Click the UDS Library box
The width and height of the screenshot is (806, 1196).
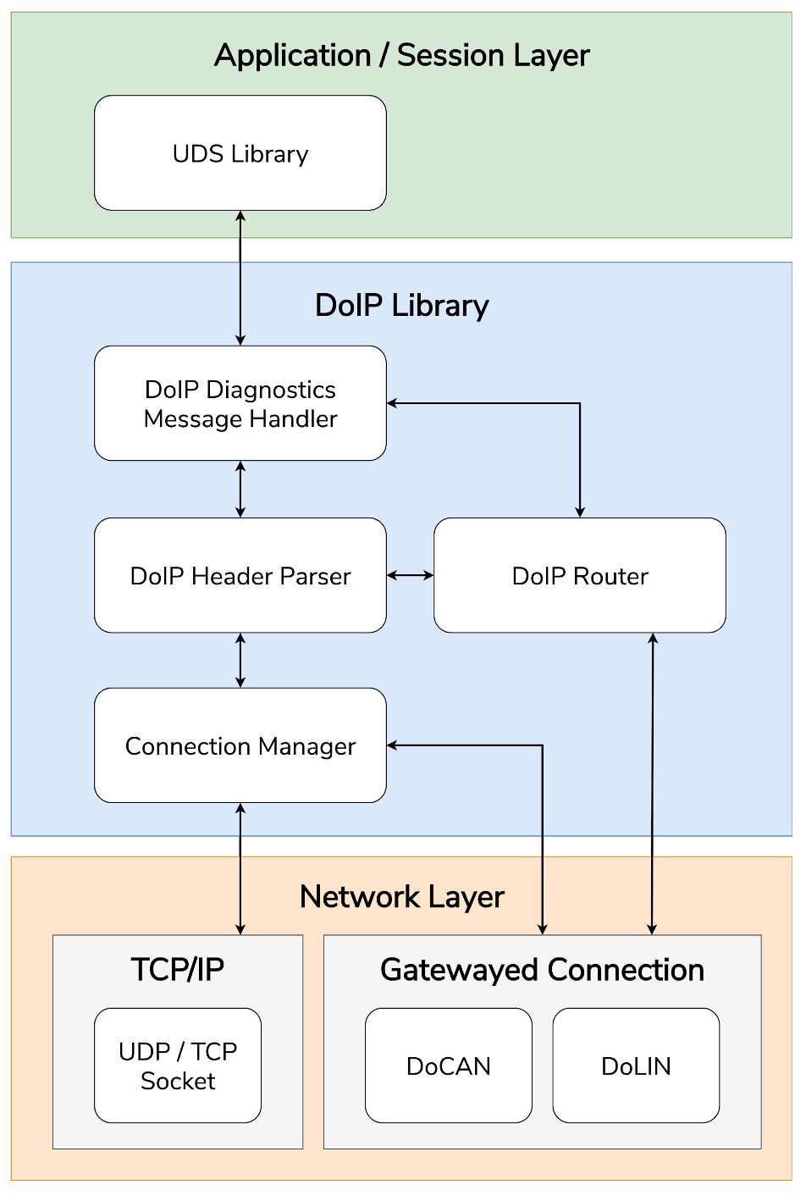click(x=240, y=153)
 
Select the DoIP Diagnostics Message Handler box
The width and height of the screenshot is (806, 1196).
click(x=240, y=403)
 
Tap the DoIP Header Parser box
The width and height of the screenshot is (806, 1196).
click(x=240, y=576)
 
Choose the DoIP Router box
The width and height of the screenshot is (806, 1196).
click(x=579, y=576)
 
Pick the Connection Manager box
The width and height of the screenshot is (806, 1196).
click(x=240, y=745)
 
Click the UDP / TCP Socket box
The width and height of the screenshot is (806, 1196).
click(x=178, y=1066)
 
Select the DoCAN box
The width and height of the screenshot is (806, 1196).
click(x=449, y=1066)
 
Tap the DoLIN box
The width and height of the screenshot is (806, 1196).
click(x=636, y=1066)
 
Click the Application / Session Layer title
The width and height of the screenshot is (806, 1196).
click(x=401, y=56)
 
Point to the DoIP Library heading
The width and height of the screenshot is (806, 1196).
click(x=401, y=306)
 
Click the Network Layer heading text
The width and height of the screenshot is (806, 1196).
click(x=401, y=897)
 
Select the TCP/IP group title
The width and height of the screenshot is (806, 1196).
click(x=178, y=970)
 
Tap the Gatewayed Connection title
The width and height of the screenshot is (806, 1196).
click(x=542, y=970)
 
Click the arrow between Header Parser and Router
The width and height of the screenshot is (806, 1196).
click(x=411, y=576)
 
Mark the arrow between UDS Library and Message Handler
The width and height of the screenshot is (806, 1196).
click(x=240, y=278)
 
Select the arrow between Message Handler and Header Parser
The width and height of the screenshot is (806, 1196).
click(x=240, y=490)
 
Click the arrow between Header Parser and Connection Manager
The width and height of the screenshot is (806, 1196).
click(x=240, y=661)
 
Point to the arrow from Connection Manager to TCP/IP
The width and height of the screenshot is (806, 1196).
click(x=240, y=869)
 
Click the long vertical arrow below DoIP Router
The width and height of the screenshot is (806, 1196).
click(x=652, y=783)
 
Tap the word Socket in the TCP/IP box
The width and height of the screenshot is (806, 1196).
click(x=178, y=1082)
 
